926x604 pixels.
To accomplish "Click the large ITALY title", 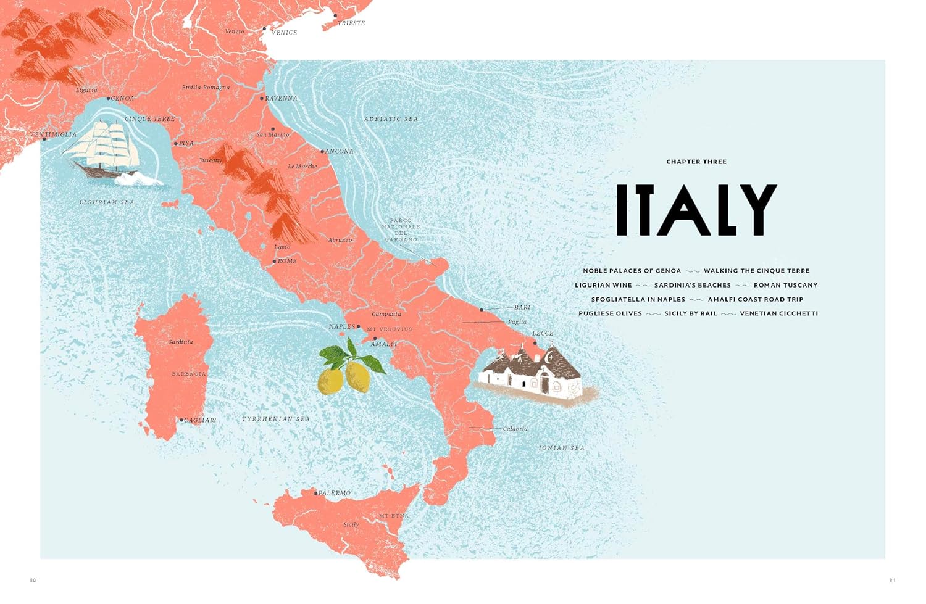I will [x=696, y=210].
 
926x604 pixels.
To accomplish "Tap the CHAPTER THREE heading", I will [x=696, y=162].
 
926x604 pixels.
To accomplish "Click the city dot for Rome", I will [x=275, y=262].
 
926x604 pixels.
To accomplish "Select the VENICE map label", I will [x=284, y=33].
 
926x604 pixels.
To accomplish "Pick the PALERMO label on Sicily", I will [x=335, y=493].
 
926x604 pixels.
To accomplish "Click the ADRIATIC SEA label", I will [x=391, y=119].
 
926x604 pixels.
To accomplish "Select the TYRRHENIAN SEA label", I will [x=276, y=419].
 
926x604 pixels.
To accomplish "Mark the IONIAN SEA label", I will [x=561, y=448].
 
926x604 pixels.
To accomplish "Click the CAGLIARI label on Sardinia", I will [x=200, y=420].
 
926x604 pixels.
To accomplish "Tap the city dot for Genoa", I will [x=108, y=99].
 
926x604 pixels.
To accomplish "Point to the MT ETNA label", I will [x=394, y=516].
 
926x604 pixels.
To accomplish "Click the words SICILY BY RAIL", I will [x=691, y=313].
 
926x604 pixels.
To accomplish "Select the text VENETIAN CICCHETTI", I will [x=778, y=313].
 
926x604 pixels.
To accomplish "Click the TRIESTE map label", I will [x=351, y=23].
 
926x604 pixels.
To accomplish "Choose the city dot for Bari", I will [x=482, y=310].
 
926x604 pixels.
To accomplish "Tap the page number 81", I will [x=892, y=580].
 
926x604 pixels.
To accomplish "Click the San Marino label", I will [x=273, y=134].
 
